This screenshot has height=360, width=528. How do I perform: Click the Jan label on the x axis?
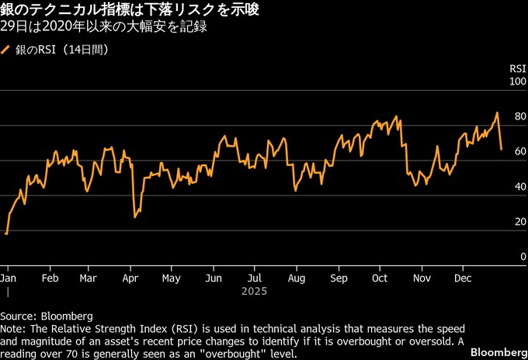[x=9, y=278]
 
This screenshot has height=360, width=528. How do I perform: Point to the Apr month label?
[x=130, y=278]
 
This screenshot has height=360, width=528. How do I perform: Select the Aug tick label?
[x=296, y=278]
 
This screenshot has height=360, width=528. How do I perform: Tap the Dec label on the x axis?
[x=464, y=278]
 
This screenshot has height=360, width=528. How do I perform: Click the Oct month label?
[x=380, y=278]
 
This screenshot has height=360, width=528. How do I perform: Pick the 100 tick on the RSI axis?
[x=517, y=81]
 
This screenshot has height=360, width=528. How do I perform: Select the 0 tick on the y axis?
[x=523, y=257]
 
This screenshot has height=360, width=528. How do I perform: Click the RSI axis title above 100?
[x=518, y=68]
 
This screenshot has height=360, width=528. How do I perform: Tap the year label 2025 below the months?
[x=254, y=292]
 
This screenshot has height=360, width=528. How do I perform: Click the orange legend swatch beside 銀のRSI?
[x=6, y=50]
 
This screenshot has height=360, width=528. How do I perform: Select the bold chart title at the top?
[x=141, y=11]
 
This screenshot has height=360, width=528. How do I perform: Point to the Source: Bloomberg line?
[x=47, y=317]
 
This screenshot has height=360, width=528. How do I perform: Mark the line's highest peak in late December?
[x=497, y=113]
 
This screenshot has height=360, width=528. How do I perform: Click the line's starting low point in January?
[x=6, y=233]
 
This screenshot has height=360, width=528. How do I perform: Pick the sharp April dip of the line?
[x=135, y=216]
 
